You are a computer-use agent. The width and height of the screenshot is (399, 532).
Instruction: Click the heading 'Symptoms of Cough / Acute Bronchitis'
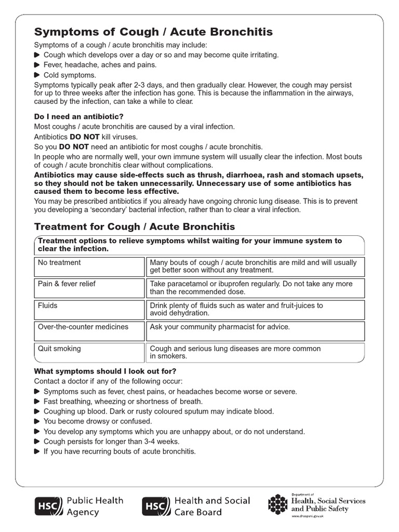pyautogui.click(x=153, y=32)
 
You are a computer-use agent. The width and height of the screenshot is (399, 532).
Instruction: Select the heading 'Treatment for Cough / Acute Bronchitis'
pyautogui.click(x=134, y=227)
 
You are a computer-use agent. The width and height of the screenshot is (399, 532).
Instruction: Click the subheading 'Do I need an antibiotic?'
pyautogui.click(x=79, y=116)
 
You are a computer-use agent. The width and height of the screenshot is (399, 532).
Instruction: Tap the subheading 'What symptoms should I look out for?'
pyautogui.click(x=105, y=371)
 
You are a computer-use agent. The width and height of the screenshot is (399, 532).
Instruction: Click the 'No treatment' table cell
pyautogui.click(x=89, y=267)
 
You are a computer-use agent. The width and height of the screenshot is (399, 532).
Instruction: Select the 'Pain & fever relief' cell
pyautogui.click(x=89, y=288)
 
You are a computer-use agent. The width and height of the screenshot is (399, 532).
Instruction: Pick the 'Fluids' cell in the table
pyautogui.click(x=89, y=310)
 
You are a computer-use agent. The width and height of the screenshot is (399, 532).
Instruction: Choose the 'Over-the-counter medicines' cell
pyautogui.click(x=89, y=331)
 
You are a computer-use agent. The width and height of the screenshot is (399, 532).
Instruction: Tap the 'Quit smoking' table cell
pyautogui.click(x=89, y=352)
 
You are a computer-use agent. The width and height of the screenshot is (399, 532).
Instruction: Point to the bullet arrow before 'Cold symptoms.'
pyautogui.click(x=37, y=75)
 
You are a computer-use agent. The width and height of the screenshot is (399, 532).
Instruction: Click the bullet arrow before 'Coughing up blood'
pyautogui.click(x=37, y=411)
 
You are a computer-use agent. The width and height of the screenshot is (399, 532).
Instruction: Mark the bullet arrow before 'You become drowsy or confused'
pyautogui.click(x=37, y=421)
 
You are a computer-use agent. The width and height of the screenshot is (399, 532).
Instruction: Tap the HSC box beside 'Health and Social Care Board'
pyautogui.click(x=156, y=506)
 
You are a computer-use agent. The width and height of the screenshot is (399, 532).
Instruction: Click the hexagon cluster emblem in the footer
pyautogui.click(x=278, y=503)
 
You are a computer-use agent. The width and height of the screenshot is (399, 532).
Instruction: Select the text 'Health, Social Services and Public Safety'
pyautogui.click(x=328, y=504)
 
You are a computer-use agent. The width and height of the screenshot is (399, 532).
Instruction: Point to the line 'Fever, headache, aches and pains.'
pyautogui.click(x=100, y=65)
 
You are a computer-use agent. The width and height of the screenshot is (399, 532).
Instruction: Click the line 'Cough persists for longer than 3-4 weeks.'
pyautogui.click(x=112, y=441)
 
